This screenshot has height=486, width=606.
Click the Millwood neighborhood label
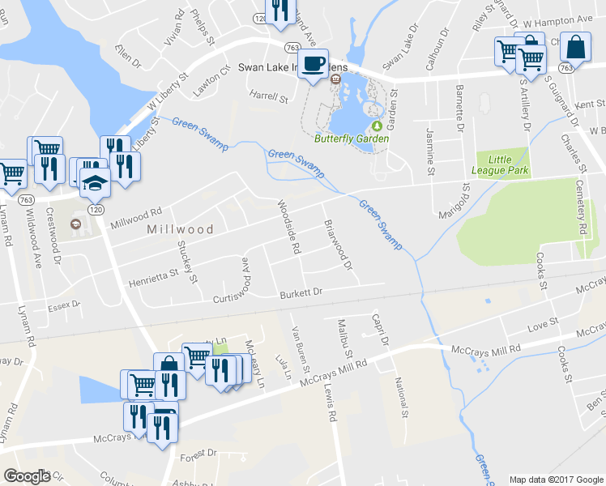(180, 229)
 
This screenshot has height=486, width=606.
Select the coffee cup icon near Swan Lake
(314, 62)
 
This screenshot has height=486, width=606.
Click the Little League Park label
(500, 165)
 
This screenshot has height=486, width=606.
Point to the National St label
(399, 394)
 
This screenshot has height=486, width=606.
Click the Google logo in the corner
(27, 475)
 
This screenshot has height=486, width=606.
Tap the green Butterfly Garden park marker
(376, 126)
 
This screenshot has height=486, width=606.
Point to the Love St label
(543, 324)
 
